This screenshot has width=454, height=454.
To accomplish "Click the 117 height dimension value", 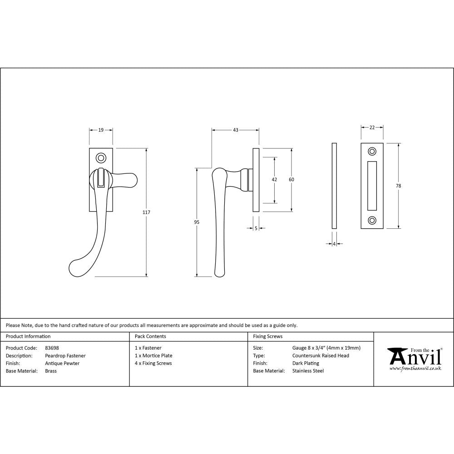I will [146, 212].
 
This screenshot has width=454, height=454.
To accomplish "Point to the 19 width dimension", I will [101, 130].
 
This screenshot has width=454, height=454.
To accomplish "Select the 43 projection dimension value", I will [236, 130].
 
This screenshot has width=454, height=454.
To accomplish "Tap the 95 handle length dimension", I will [197, 222].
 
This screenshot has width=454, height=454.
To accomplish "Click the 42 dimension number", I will [274, 180].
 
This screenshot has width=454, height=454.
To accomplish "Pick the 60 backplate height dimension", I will [291, 180].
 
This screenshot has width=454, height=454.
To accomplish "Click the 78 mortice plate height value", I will [399, 186].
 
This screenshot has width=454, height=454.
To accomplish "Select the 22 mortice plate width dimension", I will [372, 128].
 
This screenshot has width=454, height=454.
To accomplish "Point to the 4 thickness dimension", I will [334, 244].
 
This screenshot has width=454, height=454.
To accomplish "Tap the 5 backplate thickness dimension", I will [256, 228].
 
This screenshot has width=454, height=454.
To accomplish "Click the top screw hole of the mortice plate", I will [372, 151].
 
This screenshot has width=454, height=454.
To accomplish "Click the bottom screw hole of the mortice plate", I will [372, 220].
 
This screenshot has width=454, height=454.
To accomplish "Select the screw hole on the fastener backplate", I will [101, 158].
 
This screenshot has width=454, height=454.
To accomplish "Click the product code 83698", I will [52, 348].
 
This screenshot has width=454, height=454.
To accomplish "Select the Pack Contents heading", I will [150, 336].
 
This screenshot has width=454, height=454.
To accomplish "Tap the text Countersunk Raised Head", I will [321, 355].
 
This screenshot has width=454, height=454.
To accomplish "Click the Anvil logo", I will [414, 359].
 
